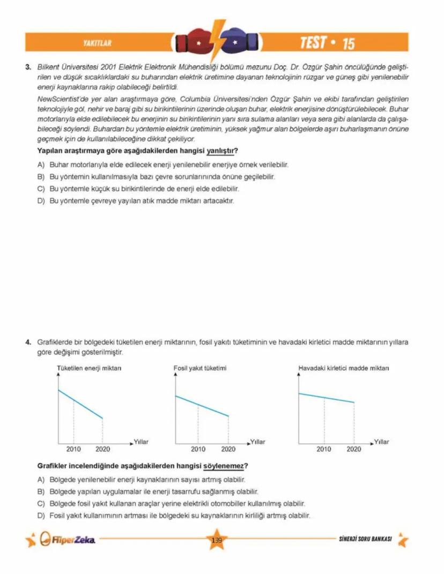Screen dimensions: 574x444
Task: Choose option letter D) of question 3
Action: click(x=41, y=201)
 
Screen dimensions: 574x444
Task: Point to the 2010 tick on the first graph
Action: click(x=73, y=449)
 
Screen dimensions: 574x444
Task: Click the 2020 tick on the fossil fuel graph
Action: click(x=228, y=449)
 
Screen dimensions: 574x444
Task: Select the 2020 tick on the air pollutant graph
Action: click(x=354, y=449)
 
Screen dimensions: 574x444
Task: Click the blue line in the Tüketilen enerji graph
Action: click(x=80, y=404)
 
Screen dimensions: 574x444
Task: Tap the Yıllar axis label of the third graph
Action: click(x=381, y=442)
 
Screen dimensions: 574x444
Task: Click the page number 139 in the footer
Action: click(x=217, y=540)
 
